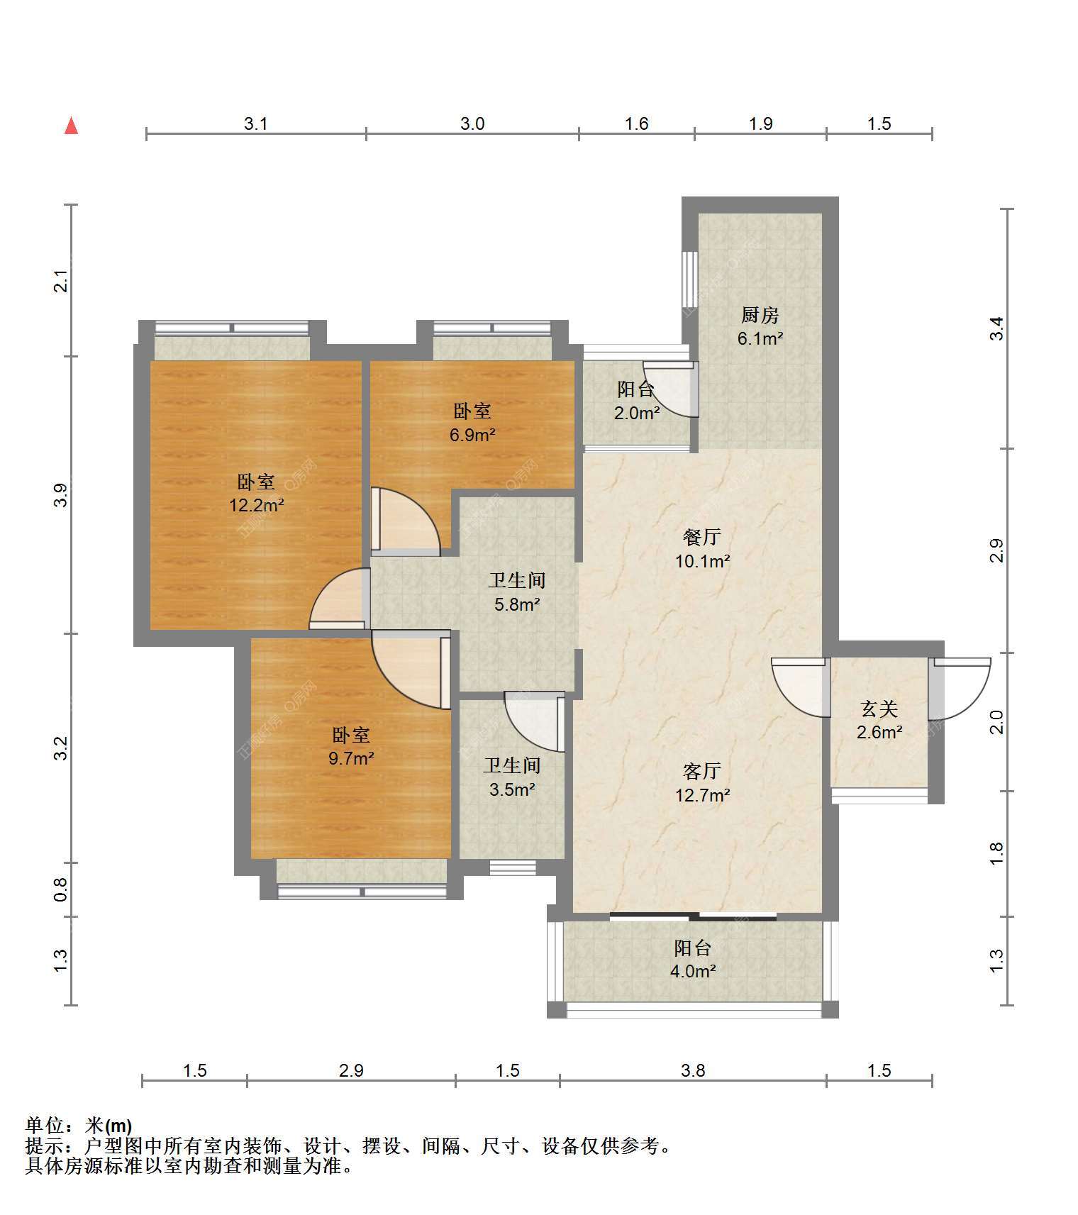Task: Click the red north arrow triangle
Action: (x=71, y=126)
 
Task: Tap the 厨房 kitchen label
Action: (x=760, y=314)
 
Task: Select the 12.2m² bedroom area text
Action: (x=256, y=506)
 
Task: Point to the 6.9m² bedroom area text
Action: (x=472, y=435)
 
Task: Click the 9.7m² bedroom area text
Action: (x=351, y=758)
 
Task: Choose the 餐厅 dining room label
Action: (x=702, y=537)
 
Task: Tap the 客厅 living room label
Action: (x=702, y=771)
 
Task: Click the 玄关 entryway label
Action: (x=879, y=709)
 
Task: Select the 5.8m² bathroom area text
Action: (x=517, y=605)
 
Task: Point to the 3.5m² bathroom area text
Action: (x=512, y=789)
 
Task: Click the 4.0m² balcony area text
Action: (x=693, y=971)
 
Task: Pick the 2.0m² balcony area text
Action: (x=637, y=413)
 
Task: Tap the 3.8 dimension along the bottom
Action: (x=693, y=1070)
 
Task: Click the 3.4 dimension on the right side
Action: (x=996, y=328)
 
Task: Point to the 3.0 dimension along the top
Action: (x=472, y=123)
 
